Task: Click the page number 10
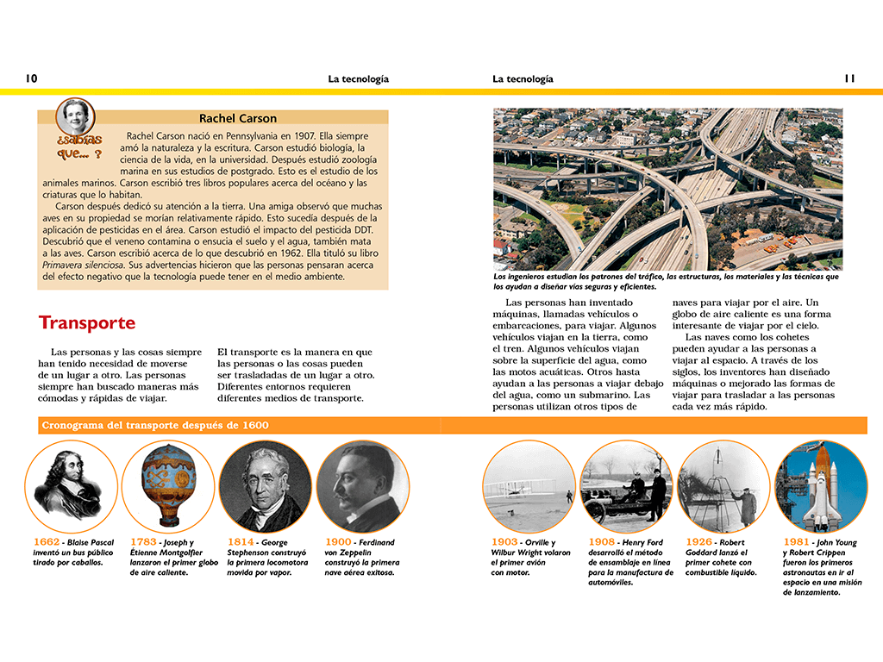coord(32,78)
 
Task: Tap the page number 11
coord(849,78)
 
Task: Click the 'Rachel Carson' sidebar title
coord(238,118)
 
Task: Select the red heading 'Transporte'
coord(87,323)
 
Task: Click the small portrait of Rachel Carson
coord(74,116)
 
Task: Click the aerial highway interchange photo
coord(667,189)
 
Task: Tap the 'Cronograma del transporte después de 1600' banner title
coord(154,426)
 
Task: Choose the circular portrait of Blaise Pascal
coord(71,487)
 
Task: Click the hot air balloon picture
coord(168,487)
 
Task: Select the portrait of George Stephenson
coord(266,487)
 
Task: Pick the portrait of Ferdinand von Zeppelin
coord(363,487)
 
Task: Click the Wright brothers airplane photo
coord(529,487)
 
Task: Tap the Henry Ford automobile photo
coord(626,487)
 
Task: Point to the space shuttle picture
coord(821,487)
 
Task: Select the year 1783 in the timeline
coord(143,542)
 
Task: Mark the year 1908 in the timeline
coord(602,542)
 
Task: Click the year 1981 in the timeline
coord(796,542)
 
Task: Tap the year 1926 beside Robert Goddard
coord(699,542)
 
